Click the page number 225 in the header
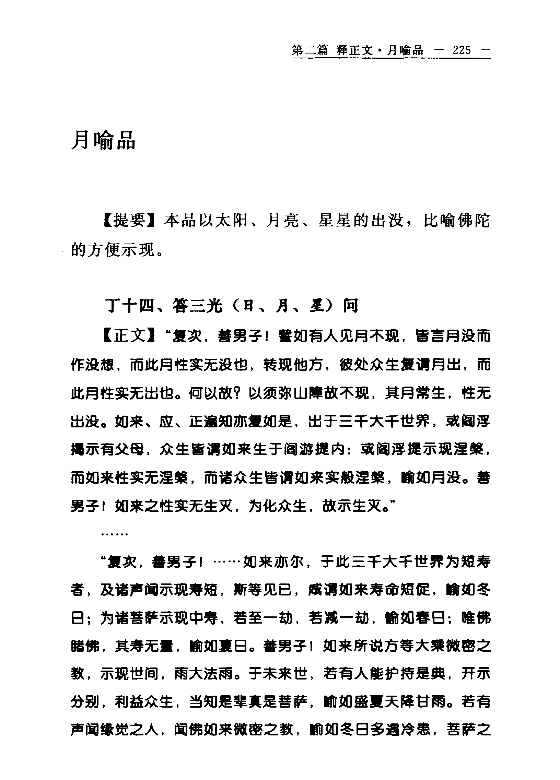point(462,50)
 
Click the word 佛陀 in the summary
point(473,221)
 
